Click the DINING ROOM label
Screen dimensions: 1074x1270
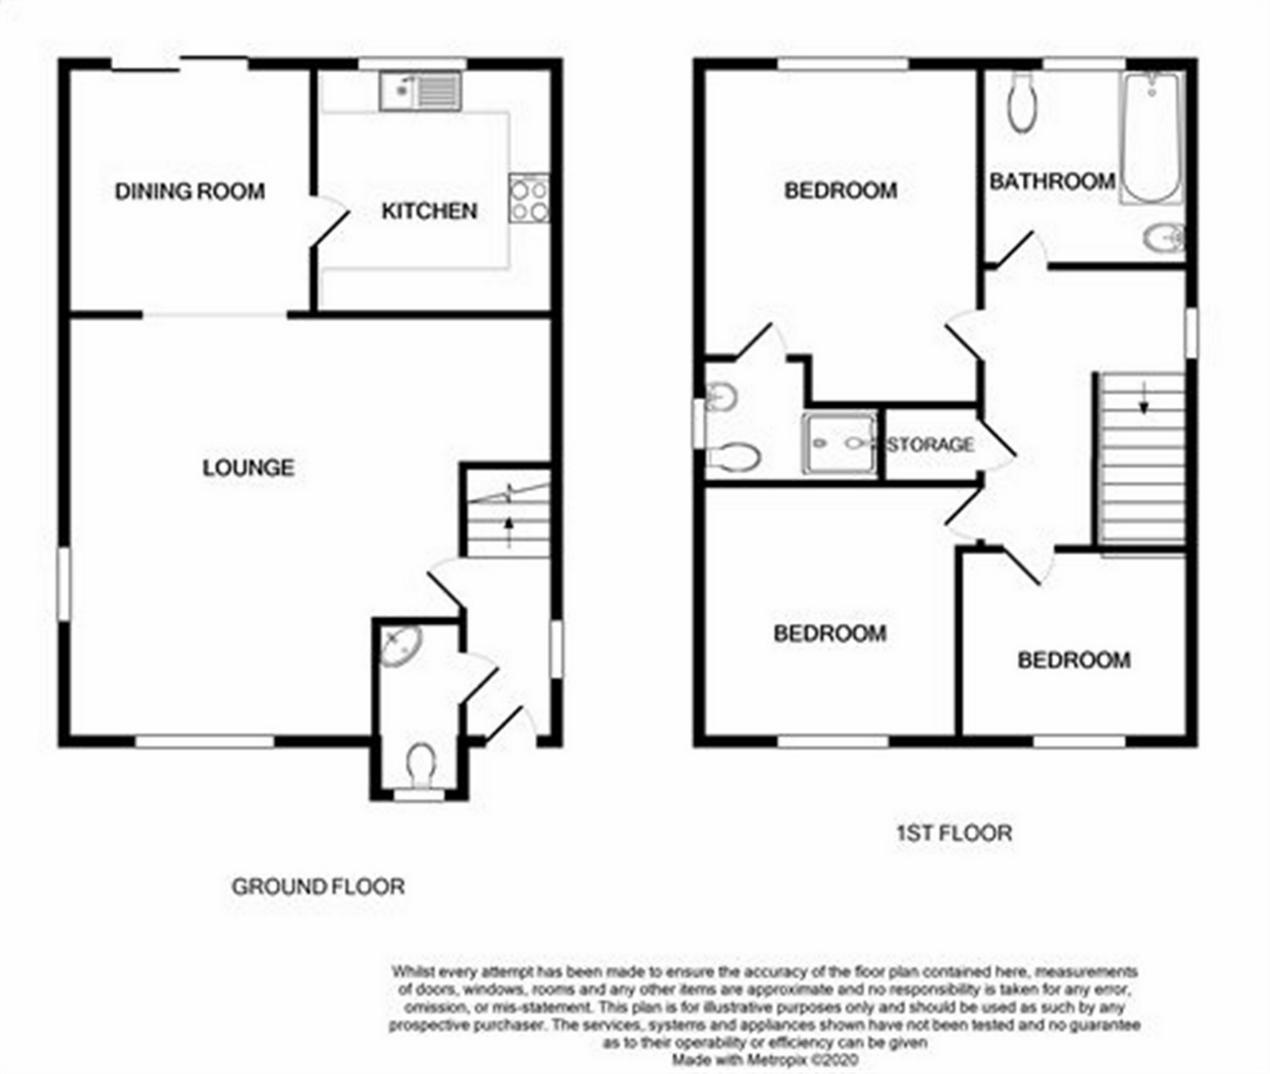click(189, 192)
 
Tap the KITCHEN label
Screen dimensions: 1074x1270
click(429, 212)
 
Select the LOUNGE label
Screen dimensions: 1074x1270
click(248, 467)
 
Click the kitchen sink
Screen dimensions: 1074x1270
click(421, 92)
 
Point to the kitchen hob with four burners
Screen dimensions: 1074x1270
click(529, 198)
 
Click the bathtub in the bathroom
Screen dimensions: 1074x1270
click(1151, 137)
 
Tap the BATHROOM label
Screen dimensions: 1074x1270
click(1052, 181)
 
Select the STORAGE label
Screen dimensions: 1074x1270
click(930, 444)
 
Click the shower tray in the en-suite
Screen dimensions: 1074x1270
click(838, 442)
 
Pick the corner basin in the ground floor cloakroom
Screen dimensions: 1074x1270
click(400, 647)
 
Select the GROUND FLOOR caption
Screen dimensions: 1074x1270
click(318, 886)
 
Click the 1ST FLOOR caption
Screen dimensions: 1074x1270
click(951, 832)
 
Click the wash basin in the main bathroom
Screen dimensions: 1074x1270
click(1164, 239)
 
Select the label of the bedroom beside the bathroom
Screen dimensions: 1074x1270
click(840, 191)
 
